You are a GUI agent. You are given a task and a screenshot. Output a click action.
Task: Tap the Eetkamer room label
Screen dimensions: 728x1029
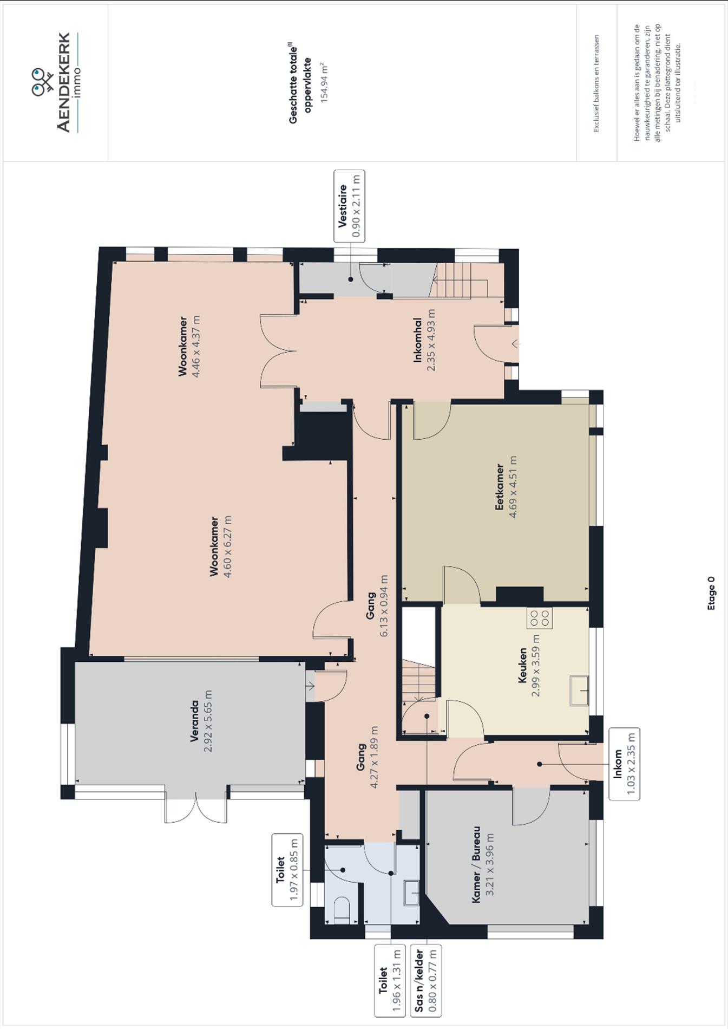point(500,486)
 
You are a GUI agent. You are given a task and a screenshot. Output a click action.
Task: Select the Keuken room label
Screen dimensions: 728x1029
point(522,665)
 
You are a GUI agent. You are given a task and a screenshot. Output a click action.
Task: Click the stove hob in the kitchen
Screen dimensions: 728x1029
point(539,618)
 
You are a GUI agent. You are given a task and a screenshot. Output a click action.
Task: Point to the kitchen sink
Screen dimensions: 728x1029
point(579,691)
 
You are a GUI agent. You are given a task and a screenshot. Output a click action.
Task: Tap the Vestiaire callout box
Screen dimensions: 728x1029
point(349,206)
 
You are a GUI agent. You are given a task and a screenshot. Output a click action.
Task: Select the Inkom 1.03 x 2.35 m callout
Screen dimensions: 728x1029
point(624,764)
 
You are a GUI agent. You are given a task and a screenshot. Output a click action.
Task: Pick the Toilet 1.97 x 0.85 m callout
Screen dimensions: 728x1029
point(287,869)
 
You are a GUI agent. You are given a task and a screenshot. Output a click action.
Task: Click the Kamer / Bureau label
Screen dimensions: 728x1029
point(476,864)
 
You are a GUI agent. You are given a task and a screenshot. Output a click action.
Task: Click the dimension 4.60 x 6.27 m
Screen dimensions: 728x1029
point(227,546)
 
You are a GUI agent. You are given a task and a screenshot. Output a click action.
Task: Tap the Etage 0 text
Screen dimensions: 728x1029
point(711,593)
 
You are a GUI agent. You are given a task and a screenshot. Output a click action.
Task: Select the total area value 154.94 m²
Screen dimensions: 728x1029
point(324,83)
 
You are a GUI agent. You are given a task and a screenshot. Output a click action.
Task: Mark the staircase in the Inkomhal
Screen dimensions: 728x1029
point(460,280)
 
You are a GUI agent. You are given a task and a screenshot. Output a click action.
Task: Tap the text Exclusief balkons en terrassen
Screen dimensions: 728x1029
point(596,83)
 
